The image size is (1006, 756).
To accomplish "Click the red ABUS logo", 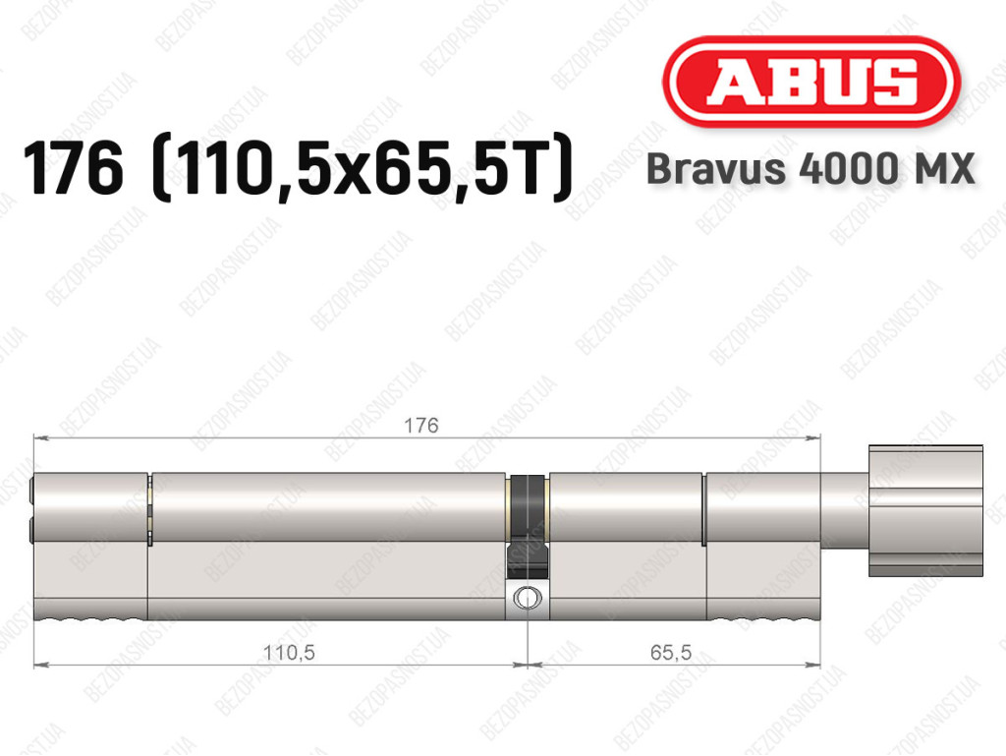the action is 810,82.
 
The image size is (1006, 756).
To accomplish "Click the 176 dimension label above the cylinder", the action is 421,425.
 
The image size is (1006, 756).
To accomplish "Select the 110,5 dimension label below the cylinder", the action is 290,653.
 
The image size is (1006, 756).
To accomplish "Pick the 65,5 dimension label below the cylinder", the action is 671,652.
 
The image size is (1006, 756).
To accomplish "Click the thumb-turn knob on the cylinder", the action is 925,510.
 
